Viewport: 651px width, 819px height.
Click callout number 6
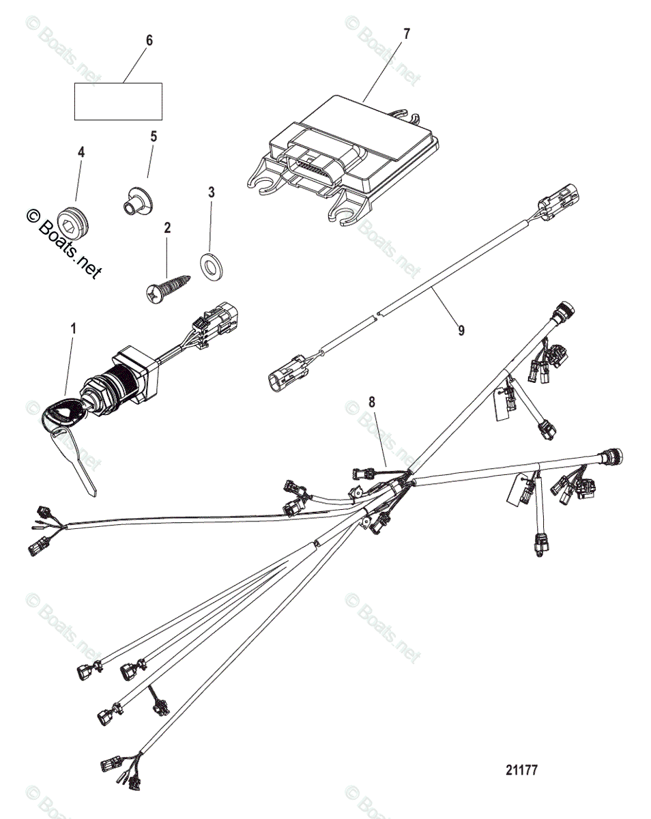click(149, 40)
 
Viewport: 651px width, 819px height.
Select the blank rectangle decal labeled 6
click(117, 101)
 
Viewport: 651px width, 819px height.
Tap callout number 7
click(407, 33)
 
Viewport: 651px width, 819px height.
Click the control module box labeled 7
click(348, 154)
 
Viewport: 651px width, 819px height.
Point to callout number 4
click(81, 152)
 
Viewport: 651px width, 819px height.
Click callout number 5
click(154, 136)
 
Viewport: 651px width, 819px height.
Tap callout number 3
click(211, 192)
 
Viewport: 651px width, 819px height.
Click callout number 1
click(73, 328)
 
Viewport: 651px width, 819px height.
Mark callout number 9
click(461, 330)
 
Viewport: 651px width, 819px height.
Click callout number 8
click(372, 403)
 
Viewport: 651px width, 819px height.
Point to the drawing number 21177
click(522, 770)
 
